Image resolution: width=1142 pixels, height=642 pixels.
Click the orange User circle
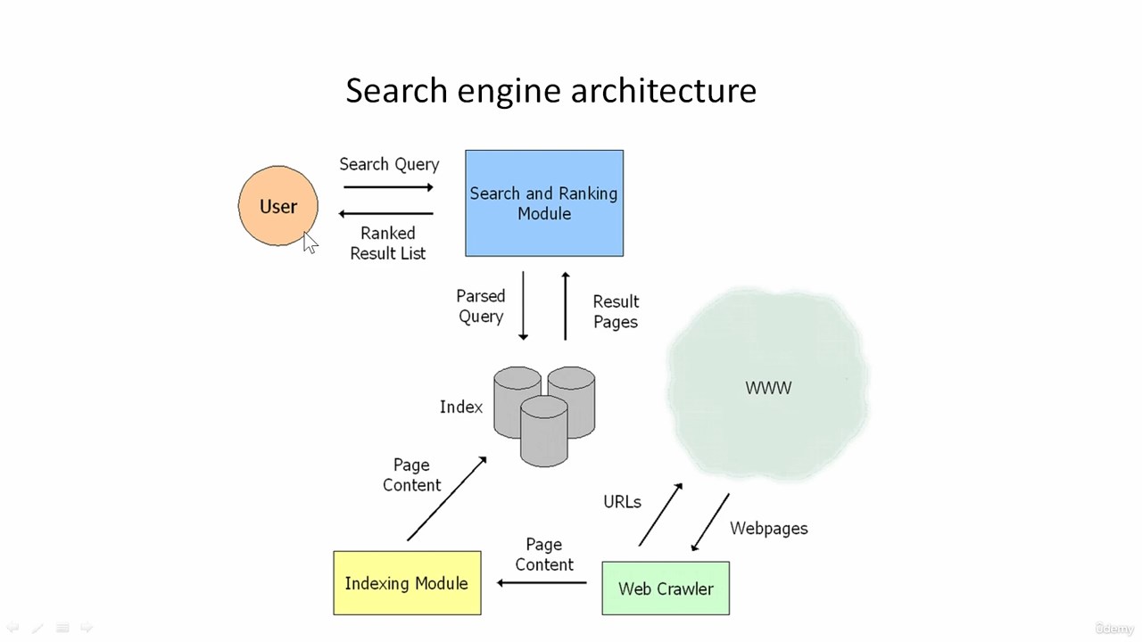(278, 206)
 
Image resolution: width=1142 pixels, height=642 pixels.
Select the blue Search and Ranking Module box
(544, 202)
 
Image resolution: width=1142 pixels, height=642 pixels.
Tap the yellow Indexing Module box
(407, 583)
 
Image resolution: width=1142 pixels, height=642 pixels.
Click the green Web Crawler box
(666, 588)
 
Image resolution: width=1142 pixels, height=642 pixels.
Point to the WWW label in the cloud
(768, 388)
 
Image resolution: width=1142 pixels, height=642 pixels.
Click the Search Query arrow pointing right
(388, 187)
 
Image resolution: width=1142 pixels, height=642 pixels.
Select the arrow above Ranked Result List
(386, 213)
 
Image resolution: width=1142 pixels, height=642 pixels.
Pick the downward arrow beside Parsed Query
(523, 306)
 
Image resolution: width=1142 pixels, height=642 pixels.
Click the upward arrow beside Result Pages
(566, 306)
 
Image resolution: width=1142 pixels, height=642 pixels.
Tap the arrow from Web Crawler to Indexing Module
(542, 582)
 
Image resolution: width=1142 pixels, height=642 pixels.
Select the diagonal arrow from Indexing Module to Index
(447, 498)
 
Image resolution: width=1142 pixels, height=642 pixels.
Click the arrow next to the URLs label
(661, 514)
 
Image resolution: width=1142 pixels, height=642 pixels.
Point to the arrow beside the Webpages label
(710, 523)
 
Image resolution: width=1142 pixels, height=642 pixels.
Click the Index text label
(461, 407)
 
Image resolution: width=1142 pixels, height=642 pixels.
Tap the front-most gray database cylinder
(544, 431)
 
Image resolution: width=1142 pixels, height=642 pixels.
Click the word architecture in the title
(663, 90)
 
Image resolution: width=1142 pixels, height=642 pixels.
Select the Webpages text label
(769, 529)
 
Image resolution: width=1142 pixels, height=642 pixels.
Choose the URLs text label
(622, 502)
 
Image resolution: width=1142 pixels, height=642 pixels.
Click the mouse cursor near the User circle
(310, 243)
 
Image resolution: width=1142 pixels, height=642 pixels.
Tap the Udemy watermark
(1114, 629)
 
